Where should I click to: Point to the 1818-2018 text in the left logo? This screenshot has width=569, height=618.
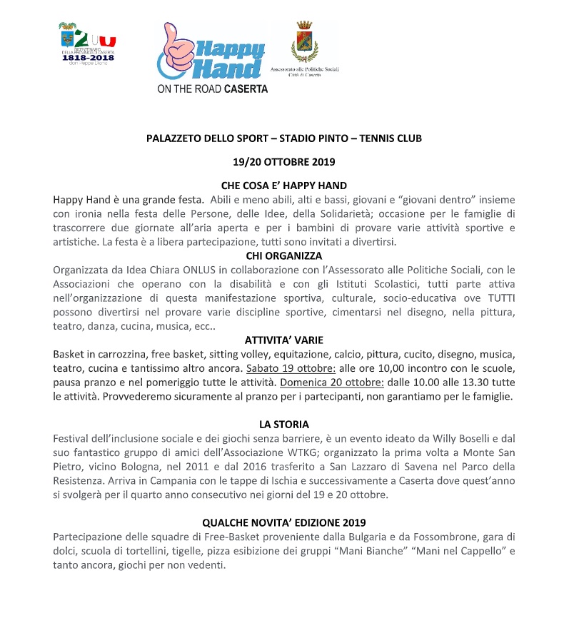click(x=87, y=58)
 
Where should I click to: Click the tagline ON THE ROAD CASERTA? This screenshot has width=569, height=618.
click(x=213, y=90)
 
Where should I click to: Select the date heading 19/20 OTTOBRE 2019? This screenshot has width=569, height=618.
click(x=284, y=161)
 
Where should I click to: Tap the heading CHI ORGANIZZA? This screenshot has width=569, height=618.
click(x=284, y=255)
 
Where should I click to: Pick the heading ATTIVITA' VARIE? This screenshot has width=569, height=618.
click(x=284, y=340)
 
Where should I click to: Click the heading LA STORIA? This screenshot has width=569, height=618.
click(x=284, y=425)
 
